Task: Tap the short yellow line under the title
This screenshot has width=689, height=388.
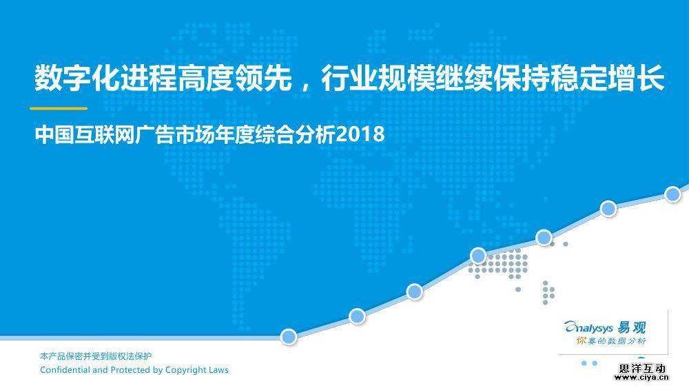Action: (59, 108)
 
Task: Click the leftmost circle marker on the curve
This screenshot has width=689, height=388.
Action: (289, 337)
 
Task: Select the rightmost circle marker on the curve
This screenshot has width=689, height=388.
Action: (672, 194)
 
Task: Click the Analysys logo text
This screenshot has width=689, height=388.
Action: (588, 327)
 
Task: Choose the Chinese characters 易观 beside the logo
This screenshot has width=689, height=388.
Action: (632, 327)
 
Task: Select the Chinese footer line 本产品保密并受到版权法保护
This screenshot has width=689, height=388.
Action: (96, 356)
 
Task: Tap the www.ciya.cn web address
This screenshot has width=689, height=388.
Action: (642, 377)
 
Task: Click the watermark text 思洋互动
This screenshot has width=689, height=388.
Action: (642, 368)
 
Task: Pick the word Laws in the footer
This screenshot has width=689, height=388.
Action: (218, 369)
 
